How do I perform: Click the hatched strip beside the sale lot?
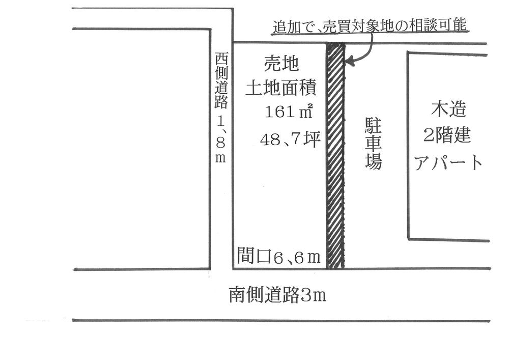point(334,155)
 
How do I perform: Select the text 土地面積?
point(281,89)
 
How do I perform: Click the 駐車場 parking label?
point(374,144)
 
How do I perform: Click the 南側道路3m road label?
point(277,295)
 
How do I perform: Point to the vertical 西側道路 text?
point(220,81)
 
